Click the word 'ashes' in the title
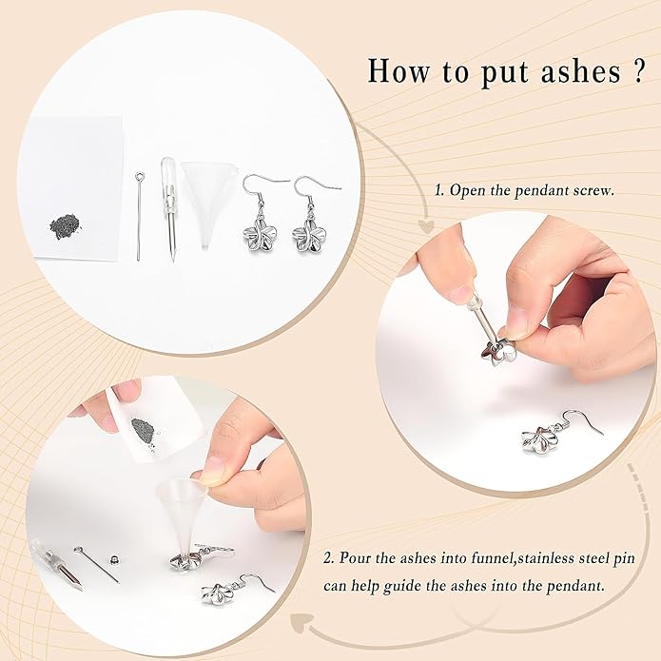point(569,71)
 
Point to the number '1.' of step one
point(440,189)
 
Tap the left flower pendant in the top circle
point(257,231)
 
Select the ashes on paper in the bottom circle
point(146,427)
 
